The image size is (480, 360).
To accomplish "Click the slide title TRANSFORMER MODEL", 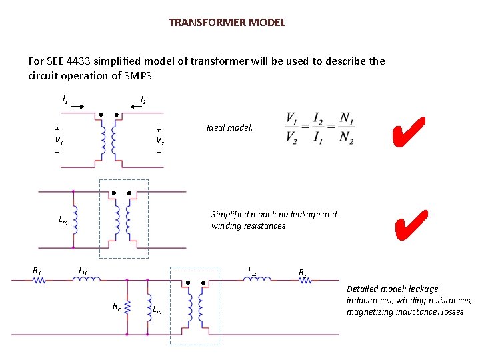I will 227,23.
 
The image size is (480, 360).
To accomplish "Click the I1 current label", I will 65,99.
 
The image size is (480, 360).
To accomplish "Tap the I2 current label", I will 143,101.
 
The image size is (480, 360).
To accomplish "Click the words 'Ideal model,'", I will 230,128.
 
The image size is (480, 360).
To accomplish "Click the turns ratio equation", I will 319,127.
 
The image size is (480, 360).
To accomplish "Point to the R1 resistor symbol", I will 38,281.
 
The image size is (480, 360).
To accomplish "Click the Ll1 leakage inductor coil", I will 87,280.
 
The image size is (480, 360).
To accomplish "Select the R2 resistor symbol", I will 303,281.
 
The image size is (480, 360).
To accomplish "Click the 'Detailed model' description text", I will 409,300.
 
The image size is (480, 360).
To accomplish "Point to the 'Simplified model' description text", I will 273,220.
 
